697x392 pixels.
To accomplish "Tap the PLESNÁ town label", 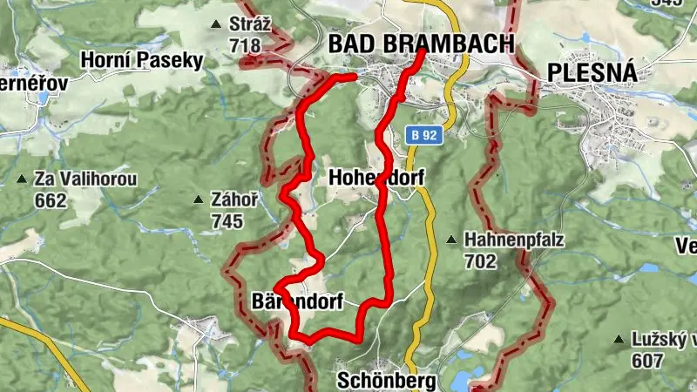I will pyautogui.click(x=592, y=72).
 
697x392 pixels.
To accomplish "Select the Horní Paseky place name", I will pyautogui.click(x=141, y=60).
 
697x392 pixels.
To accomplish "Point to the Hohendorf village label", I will pyautogui.click(x=376, y=178).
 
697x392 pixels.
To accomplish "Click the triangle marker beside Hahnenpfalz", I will pyautogui.click(x=450, y=240).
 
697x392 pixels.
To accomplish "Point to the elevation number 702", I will pyautogui.click(x=480, y=260).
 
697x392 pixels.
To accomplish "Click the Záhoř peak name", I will pyautogui.click(x=234, y=200).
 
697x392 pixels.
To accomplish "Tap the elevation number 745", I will pyautogui.click(x=227, y=221).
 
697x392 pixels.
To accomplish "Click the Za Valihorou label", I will pyautogui.click(x=85, y=179).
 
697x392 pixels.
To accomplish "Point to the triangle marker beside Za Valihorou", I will pyautogui.click(x=21, y=179).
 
